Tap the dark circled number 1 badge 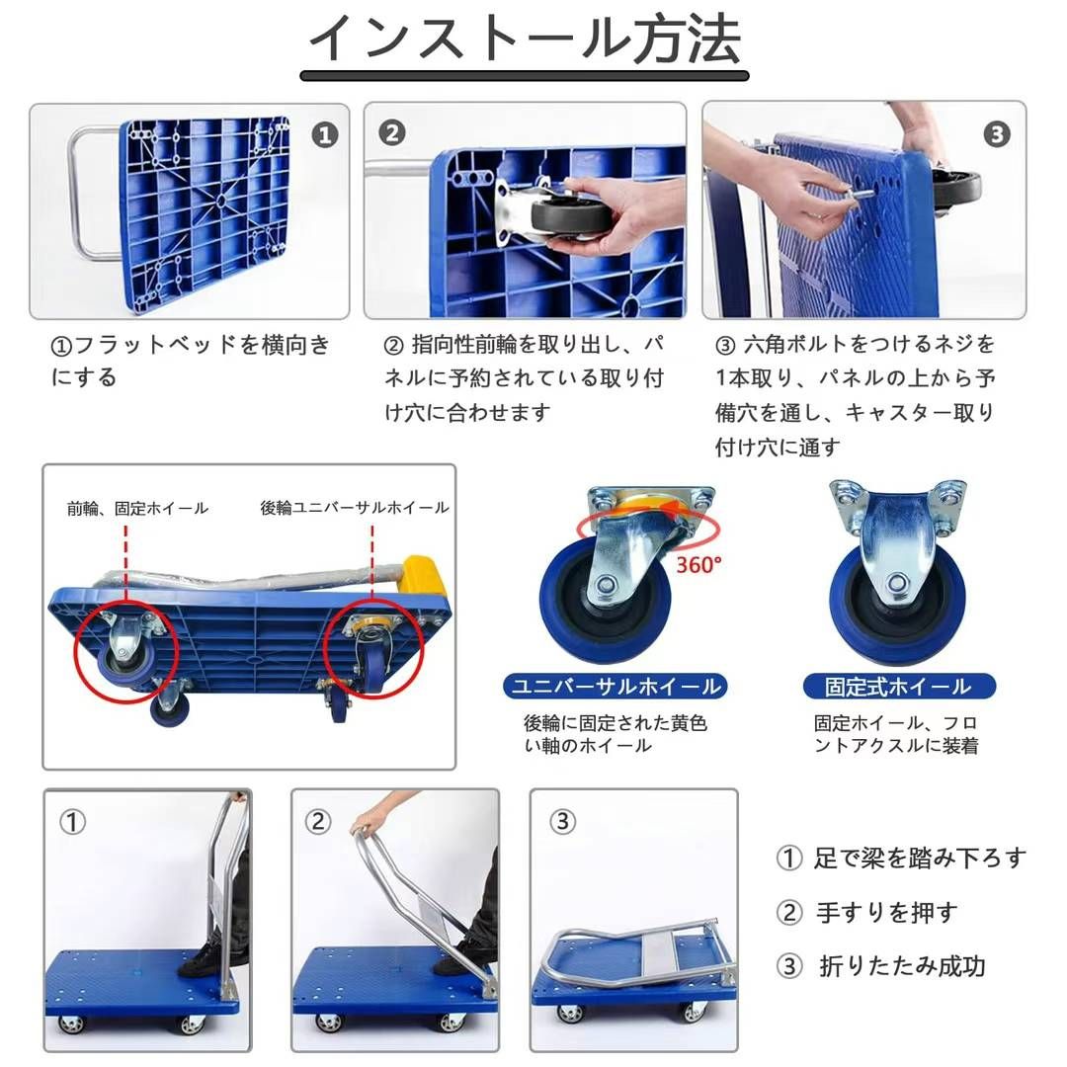pyautogui.click(x=325, y=135)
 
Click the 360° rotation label pyautogui.click(x=699, y=564)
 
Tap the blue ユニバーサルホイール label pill pyautogui.click(x=615, y=686)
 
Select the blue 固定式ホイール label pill pyautogui.click(x=898, y=686)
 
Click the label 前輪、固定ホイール pyautogui.click(x=137, y=508)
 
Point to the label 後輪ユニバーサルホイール pyautogui.click(x=354, y=508)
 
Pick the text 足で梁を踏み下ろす pyautogui.click(x=920, y=858)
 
